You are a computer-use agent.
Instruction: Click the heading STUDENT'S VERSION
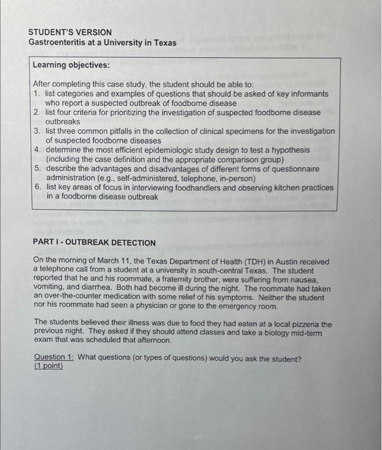70,32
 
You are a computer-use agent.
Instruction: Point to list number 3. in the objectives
38,131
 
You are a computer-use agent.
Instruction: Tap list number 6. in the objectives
38,187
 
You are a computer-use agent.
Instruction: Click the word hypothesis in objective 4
290,150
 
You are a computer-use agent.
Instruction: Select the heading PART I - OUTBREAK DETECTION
94,243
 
